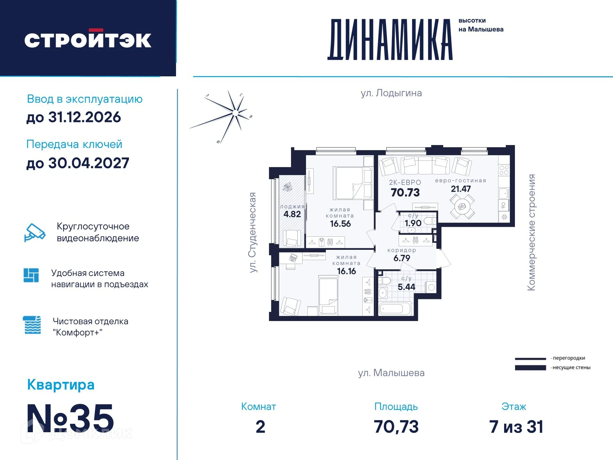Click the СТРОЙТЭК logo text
tap(88, 40)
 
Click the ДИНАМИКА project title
tap(390, 40)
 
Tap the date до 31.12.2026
tap(73, 117)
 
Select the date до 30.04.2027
tap(78, 163)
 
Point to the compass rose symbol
tap(235, 112)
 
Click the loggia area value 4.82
tap(292, 214)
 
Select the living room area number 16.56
tap(340, 224)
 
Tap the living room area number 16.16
tap(346, 271)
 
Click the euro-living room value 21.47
tap(461, 189)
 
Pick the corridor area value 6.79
tap(402, 258)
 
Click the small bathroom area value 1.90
tap(413, 223)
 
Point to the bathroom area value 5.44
tap(406, 287)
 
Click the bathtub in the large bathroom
tap(395, 309)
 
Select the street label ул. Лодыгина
tap(391, 93)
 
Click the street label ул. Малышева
tap(391, 373)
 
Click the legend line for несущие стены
tap(530, 368)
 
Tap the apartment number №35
tap(70, 418)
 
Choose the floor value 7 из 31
tap(516, 427)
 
